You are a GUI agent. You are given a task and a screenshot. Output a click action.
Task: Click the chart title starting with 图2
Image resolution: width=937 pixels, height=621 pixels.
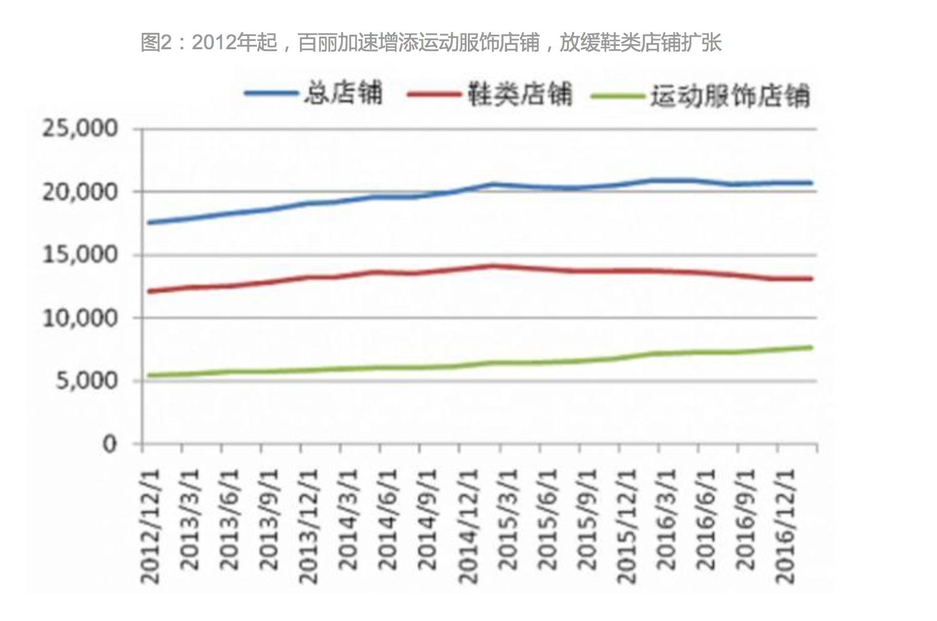click(x=431, y=43)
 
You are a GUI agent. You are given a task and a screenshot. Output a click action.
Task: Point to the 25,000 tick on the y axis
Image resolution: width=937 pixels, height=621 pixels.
click(x=80, y=129)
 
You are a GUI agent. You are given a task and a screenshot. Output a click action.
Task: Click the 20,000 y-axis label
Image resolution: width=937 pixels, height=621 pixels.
click(x=80, y=192)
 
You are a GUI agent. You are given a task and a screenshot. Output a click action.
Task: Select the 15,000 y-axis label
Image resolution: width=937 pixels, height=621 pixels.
click(x=80, y=255)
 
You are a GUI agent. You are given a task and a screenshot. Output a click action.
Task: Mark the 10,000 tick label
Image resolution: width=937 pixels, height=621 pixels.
click(x=80, y=318)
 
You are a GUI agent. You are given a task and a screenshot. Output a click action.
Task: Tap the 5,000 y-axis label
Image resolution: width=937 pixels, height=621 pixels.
click(x=87, y=381)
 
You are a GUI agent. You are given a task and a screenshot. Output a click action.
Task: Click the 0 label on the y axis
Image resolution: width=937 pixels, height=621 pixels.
click(x=110, y=444)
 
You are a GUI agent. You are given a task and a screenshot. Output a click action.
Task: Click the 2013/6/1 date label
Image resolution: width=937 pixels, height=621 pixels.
click(x=229, y=519)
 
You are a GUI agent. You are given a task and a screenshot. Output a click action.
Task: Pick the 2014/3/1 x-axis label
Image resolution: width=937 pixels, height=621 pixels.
click(x=349, y=519)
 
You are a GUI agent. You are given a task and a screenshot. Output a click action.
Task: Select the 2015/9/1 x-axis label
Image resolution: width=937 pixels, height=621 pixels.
click(x=587, y=519)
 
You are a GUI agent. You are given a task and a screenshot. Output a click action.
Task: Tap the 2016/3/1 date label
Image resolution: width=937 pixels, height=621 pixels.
click(x=667, y=519)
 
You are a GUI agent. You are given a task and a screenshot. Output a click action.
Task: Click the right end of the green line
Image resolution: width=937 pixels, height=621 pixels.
click(x=811, y=347)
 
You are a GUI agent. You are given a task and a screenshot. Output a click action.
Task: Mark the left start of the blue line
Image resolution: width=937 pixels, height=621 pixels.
click(x=148, y=223)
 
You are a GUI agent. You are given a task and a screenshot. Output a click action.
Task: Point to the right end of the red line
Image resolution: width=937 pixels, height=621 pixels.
click(x=811, y=278)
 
